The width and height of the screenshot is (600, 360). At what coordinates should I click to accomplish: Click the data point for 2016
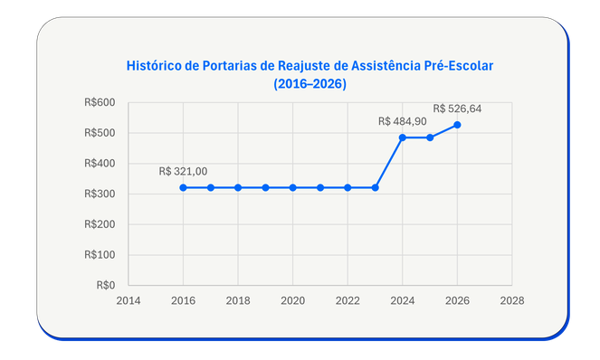pyautogui.click(x=183, y=187)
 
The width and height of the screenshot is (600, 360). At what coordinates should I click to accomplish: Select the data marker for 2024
pyautogui.click(x=403, y=137)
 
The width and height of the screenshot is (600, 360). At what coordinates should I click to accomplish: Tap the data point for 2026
pyautogui.click(x=458, y=125)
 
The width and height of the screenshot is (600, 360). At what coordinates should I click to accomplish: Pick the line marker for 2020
pyautogui.click(x=293, y=187)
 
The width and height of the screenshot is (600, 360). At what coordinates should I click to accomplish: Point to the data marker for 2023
pyautogui.click(x=376, y=187)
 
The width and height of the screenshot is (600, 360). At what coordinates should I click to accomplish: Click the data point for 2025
pyautogui.click(x=430, y=137)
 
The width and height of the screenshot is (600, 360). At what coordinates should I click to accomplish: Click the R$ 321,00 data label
pyautogui.click(x=183, y=171)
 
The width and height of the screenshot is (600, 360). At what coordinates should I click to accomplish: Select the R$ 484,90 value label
pyautogui.click(x=402, y=121)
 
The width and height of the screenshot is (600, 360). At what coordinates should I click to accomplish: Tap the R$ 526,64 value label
pyautogui.click(x=458, y=109)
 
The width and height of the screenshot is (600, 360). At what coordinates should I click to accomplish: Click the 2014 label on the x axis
pyautogui.click(x=129, y=299)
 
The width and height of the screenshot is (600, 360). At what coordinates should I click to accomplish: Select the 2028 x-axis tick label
pyautogui.click(x=512, y=299)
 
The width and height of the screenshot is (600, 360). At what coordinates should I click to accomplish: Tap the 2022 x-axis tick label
pyautogui.click(x=348, y=299)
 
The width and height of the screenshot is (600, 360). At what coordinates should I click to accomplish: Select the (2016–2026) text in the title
pyautogui.click(x=310, y=83)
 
